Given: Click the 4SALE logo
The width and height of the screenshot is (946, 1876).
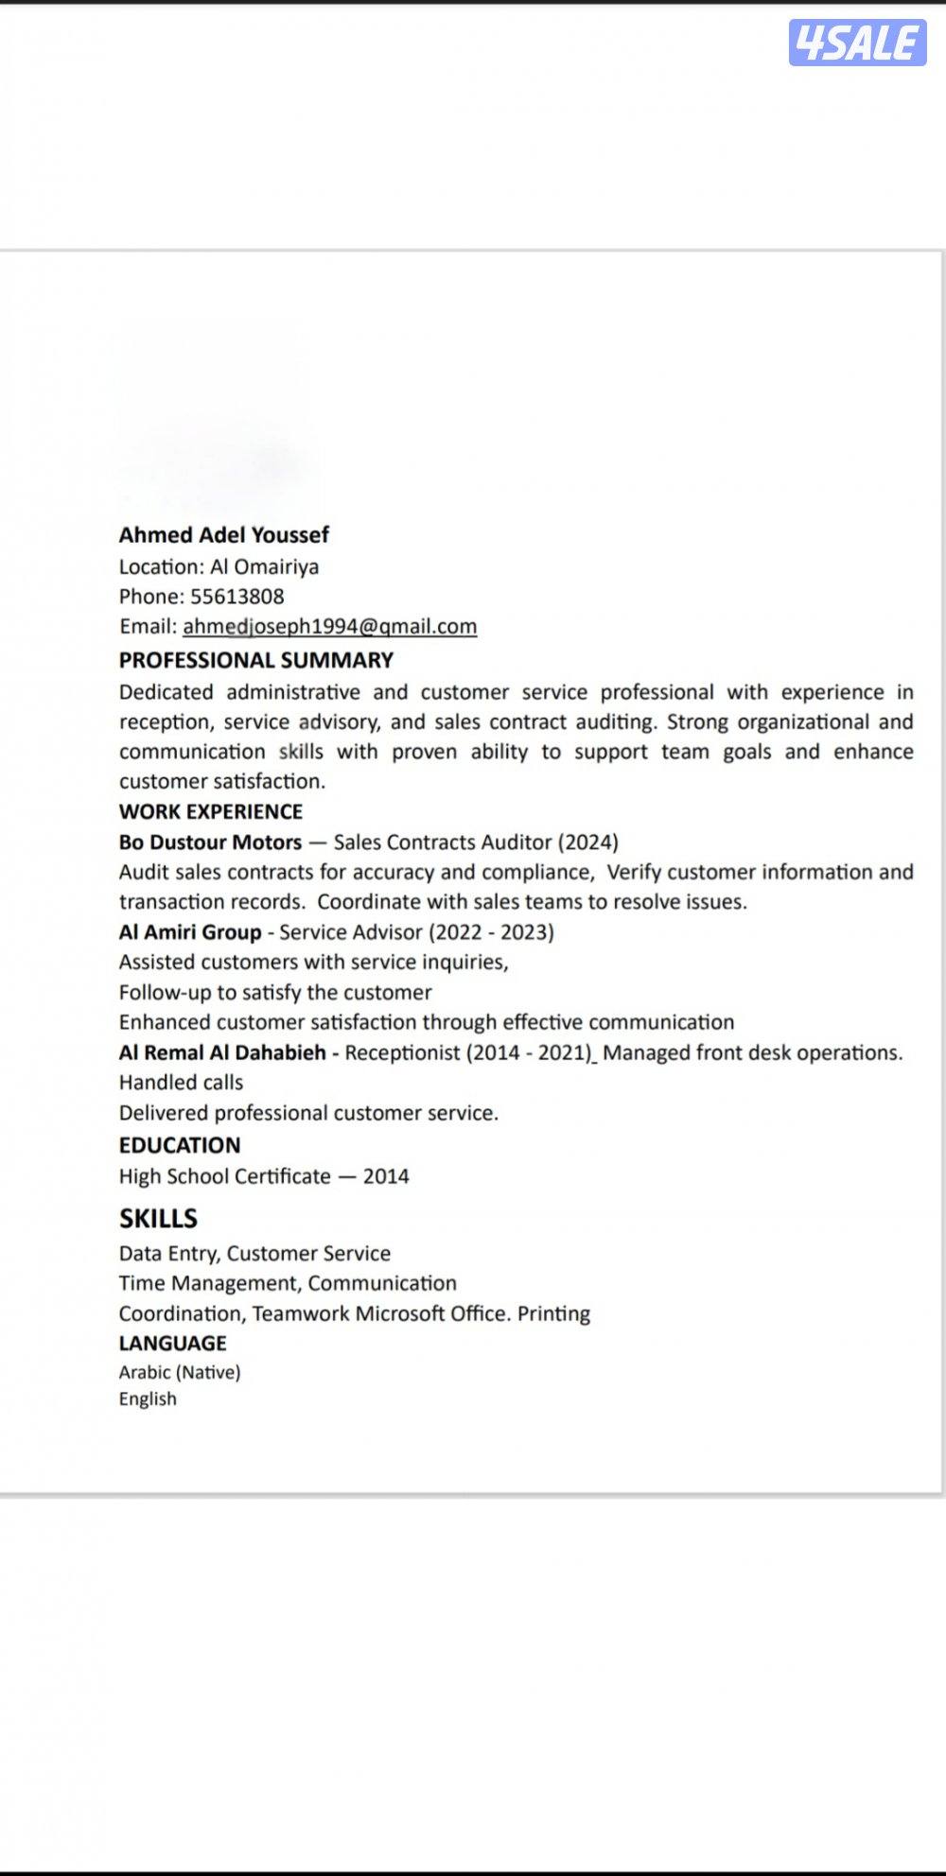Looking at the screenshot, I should (x=857, y=43).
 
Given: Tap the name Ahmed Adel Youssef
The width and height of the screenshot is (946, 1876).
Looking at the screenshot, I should (x=224, y=535).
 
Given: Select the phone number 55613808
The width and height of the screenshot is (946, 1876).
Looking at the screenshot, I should (x=236, y=597).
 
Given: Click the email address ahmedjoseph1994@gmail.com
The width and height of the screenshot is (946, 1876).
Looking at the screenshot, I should (x=329, y=626).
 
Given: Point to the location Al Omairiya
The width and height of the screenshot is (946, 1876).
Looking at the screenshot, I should (x=264, y=566).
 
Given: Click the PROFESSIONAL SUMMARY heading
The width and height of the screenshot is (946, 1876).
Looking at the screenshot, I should (x=255, y=660).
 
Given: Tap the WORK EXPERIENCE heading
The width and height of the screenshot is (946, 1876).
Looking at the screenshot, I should (x=210, y=811).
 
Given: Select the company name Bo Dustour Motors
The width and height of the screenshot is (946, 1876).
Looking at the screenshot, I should (x=210, y=842).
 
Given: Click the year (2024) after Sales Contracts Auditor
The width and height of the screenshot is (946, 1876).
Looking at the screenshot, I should (x=587, y=842).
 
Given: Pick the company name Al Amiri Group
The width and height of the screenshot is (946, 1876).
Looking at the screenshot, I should (x=189, y=932).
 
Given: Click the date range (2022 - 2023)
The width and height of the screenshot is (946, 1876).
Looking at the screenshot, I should (x=491, y=932).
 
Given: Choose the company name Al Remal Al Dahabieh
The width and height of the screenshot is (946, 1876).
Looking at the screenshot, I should (x=222, y=1052).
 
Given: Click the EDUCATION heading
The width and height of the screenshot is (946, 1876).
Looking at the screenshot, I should (x=180, y=1145).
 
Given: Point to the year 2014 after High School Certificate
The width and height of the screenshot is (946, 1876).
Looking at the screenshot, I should (x=386, y=1176).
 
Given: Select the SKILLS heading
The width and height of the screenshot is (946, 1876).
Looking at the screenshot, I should (x=158, y=1218).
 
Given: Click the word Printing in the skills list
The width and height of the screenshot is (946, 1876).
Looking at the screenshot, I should (x=553, y=1313).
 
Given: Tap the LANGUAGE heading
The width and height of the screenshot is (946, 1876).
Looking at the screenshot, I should (x=172, y=1343).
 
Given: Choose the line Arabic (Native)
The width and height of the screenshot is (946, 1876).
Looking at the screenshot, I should (x=180, y=1372).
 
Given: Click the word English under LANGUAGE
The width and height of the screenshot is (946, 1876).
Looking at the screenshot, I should (x=148, y=1398).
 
